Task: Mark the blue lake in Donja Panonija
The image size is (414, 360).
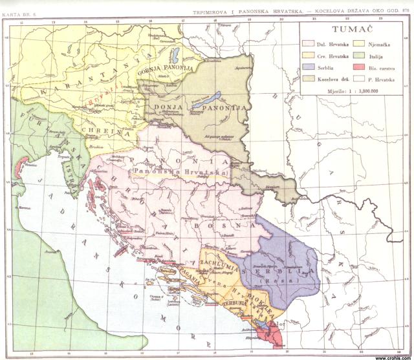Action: tap(206, 100)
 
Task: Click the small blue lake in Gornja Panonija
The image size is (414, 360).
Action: tap(175, 53)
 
